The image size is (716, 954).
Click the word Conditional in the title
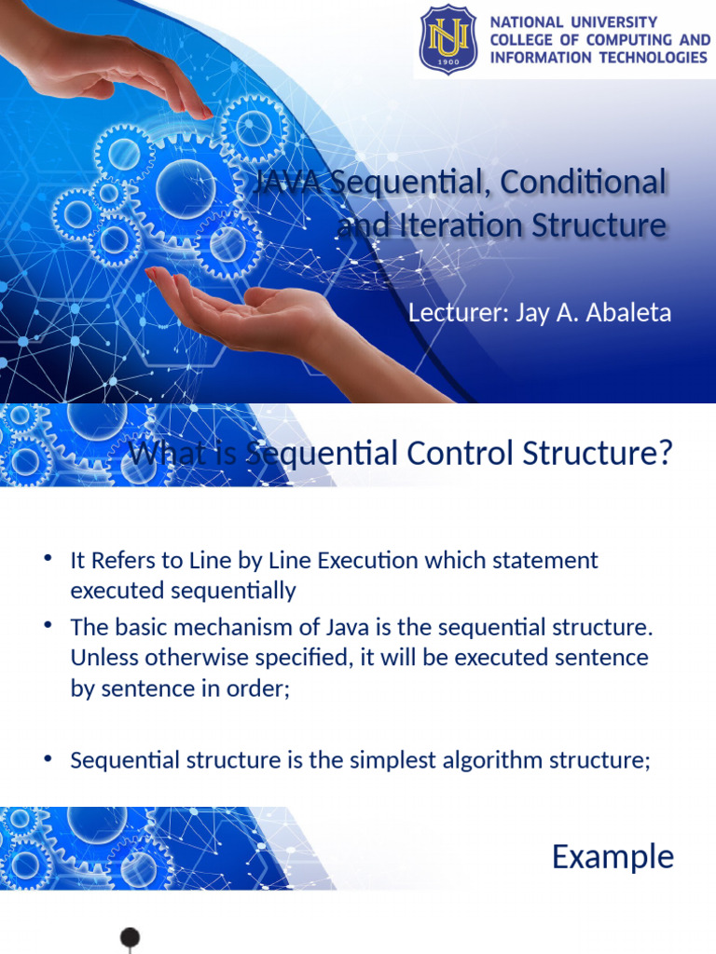pyautogui.click(x=583, y=182)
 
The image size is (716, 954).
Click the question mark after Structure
pyautogui.click(x=664, y=455)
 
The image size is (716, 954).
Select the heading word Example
pyautogui.click(x=613, y=856)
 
